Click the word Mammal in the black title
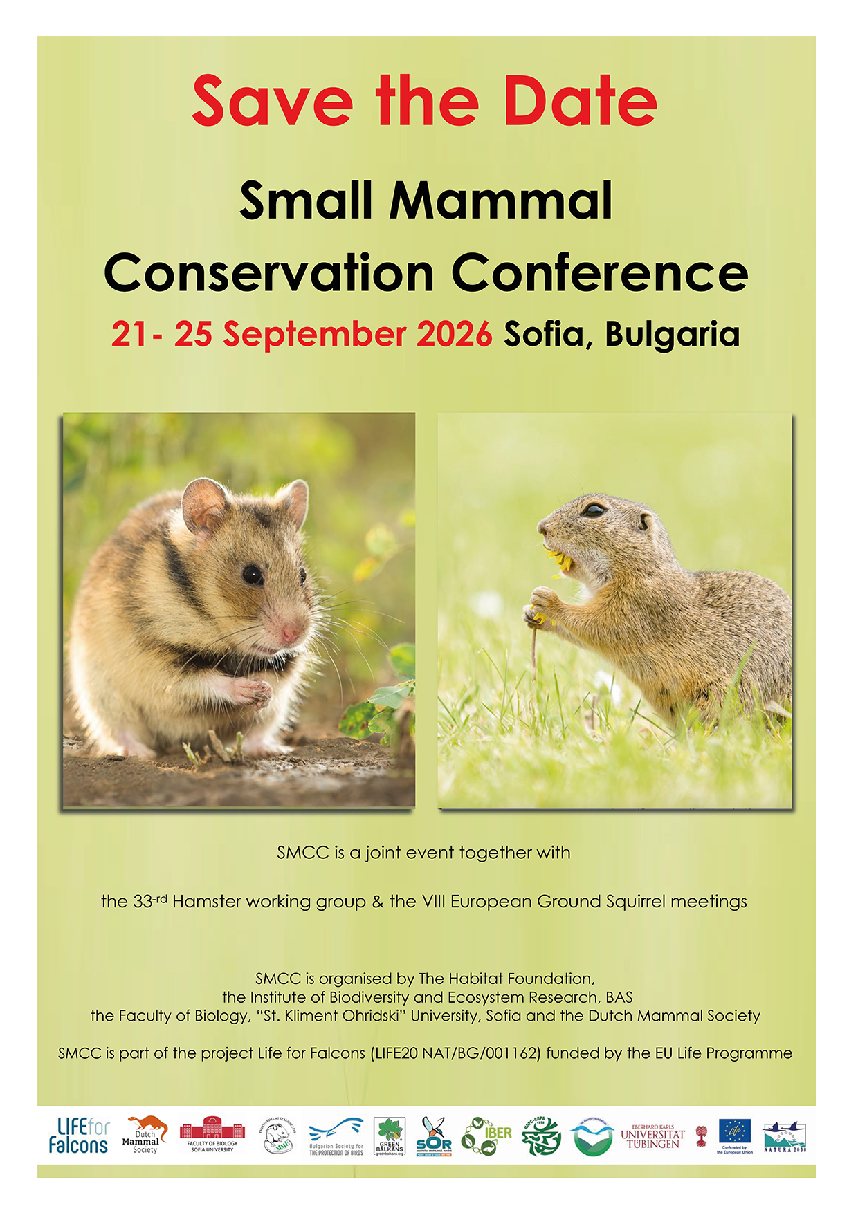point(501,201)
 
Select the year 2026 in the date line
point(454,335)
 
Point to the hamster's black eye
point(252,574)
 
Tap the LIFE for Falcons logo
point(79,1136)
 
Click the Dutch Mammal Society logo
point(145,1135)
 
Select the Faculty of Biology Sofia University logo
point(212,1135)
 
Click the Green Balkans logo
point(390,1136)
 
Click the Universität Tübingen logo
point(652,1136)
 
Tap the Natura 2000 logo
point(785,1136)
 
